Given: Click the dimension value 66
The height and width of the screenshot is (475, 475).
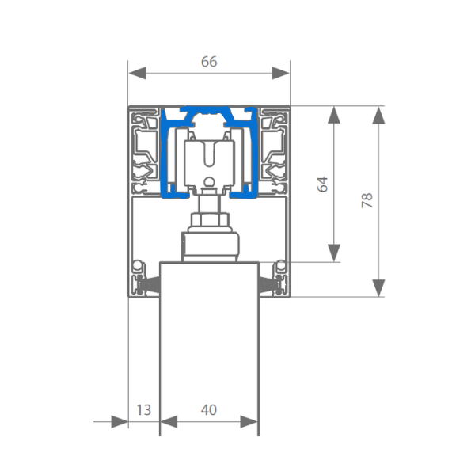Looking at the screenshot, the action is tap(209, 62).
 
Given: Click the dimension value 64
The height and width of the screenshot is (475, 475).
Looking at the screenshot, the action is tap(322, 184).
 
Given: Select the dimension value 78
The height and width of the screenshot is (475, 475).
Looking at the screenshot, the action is tap(367, 200).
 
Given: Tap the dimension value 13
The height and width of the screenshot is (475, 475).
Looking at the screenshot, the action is tap(144, 410).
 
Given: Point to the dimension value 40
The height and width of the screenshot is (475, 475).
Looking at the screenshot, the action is tap(209, 410).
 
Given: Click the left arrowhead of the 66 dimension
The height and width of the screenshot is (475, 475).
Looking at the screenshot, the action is tap(137, 74).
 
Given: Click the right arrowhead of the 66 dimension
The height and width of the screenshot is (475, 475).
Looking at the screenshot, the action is tap(280, 74).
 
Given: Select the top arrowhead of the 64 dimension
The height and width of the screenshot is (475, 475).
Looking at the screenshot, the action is tap(334, 115).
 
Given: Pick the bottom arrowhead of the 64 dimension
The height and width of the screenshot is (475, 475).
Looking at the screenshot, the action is tap(334, 253).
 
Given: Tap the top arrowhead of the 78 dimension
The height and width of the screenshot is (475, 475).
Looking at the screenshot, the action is tap(378, 115).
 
